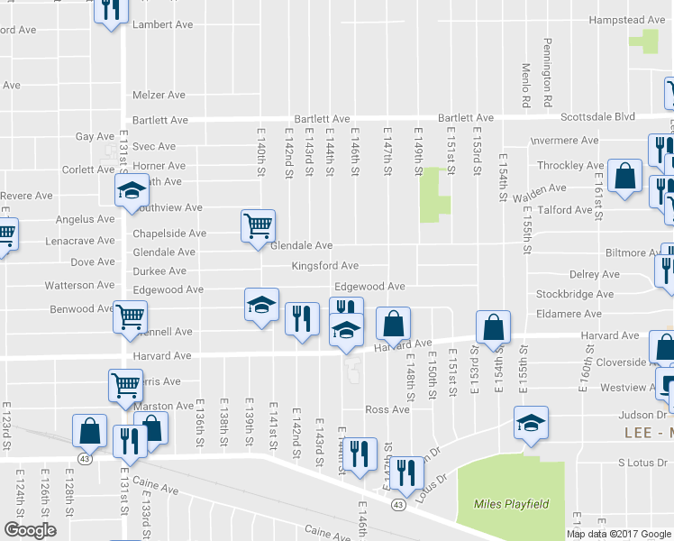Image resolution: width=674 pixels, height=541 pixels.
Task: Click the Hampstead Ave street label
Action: pyautogui.click(x=627, y=20)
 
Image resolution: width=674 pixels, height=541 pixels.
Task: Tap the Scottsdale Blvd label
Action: pyautogui.click(x=597, y=117)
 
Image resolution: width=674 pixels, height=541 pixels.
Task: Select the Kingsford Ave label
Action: pyautogui.click(x=324, y=266)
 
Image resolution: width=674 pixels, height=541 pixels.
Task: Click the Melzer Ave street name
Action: pyautogui.click(x=159, y=95)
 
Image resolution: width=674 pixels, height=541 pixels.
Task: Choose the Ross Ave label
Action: pyautogui.click(x=387, y=409)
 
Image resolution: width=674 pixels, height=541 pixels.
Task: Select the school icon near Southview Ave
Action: pyautogui.click(x=131, y=190)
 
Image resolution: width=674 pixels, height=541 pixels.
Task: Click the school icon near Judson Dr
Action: pyautogui.click(x=531, y=422)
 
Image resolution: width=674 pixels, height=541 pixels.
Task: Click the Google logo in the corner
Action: pyautogui.click(x=30, y=530)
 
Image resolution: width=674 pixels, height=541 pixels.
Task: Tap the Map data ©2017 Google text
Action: pyautogui.click(x=619, y=534)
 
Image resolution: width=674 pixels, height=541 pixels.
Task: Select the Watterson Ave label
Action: pyautogui.click(x=81, y=285)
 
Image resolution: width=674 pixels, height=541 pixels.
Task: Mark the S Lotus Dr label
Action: pyautogui.click(x=641, y=463)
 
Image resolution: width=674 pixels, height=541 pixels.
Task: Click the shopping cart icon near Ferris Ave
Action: pyautogui.click(x=125, y=385)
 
